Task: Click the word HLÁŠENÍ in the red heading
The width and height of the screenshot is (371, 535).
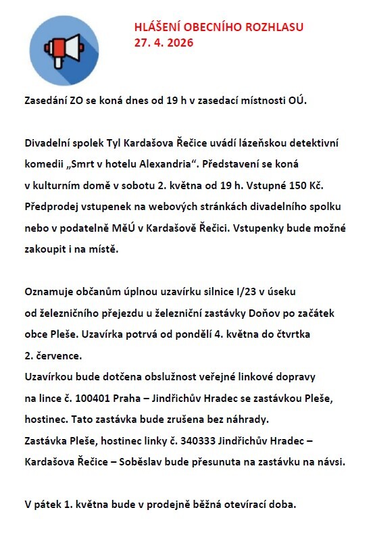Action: (157, 27)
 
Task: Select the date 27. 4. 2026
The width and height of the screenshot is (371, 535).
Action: (164, 43)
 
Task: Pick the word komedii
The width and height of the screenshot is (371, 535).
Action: (45, 164)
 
